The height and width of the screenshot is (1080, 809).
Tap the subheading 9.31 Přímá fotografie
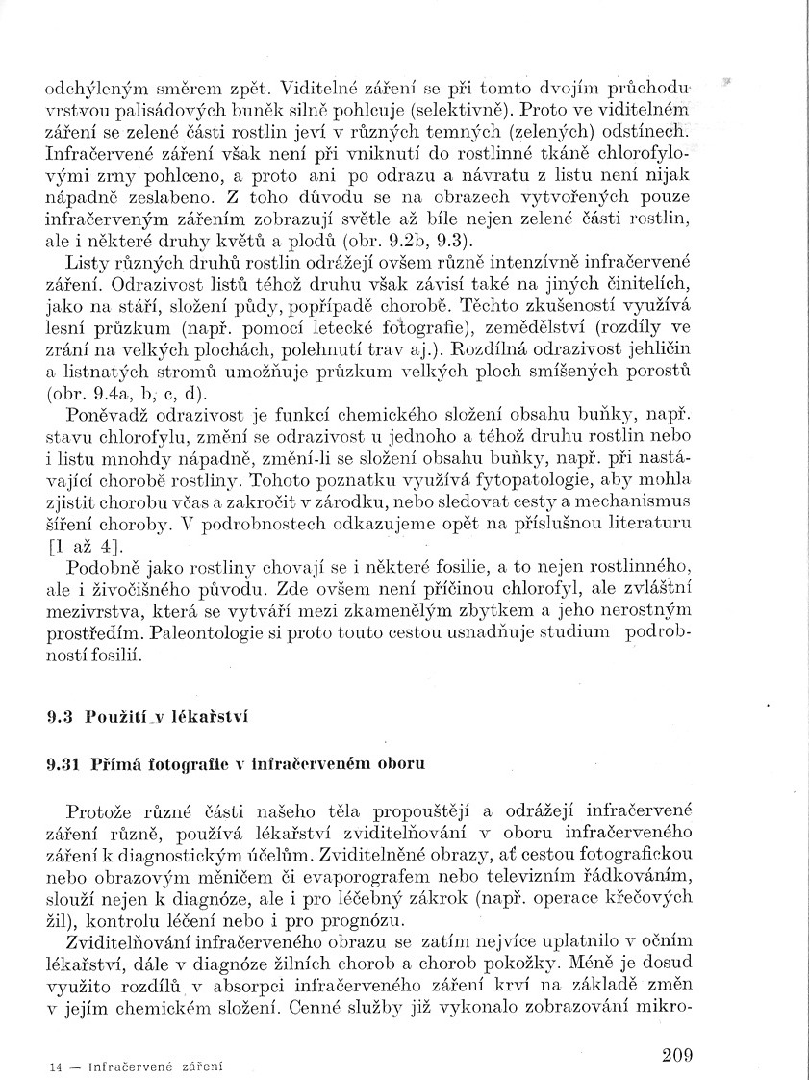coord(236,763)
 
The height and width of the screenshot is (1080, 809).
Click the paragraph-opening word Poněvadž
coord(107,416)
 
